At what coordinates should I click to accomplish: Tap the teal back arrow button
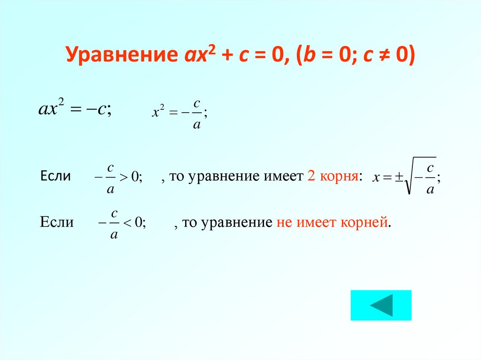coord(380,305)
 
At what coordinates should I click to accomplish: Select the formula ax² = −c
coord(74,110)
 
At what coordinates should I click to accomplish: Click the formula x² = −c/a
coord(179,115)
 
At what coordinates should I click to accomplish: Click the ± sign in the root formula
coord(399,177)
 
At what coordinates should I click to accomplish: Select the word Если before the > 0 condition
coord(56,176)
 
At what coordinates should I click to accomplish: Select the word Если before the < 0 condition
coord(57,222)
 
